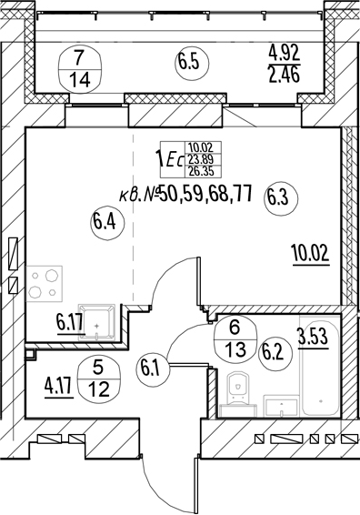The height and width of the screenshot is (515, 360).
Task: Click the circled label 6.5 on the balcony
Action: [x=193, y=64]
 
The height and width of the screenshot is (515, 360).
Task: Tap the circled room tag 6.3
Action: [x=282, y=198]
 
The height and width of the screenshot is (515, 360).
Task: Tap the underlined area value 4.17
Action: [x=59, y=388]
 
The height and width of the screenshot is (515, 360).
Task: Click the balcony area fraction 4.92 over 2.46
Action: [x=285, y=64]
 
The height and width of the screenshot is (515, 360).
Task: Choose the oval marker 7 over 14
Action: [x=79, y=70]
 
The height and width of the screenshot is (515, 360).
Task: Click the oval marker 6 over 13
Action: [x=235, y=340]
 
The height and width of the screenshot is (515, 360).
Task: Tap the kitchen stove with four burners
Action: [x=45, y=284]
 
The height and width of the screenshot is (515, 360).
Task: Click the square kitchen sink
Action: [x=96, y=322]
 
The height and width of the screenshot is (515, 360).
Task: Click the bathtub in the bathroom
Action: [x=320, y=365]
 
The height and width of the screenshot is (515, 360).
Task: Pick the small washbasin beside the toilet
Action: [x=282, y=406]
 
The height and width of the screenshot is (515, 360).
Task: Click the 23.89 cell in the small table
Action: [x=204, y=159]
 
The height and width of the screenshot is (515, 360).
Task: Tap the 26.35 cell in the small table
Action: [x=204, y=171]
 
